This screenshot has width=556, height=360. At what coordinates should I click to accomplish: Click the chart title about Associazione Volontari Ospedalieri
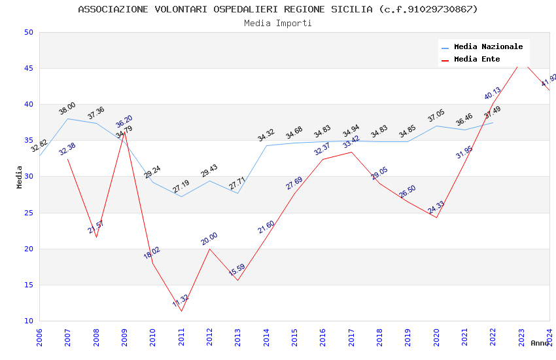(x=278, y=9)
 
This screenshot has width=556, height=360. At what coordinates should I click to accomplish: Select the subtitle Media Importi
(x=278, y=23)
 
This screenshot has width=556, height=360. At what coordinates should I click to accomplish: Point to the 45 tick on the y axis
(x=28, y=68)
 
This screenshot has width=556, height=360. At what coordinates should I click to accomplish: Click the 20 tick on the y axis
(x=28, y=249)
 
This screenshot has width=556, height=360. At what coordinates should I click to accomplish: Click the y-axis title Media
(x=20, y=177)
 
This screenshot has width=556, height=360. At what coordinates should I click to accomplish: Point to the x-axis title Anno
(x=540, y=343)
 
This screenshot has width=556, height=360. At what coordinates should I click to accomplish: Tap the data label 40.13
(x=493, y=94)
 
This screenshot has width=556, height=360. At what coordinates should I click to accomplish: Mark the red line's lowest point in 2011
(x=181, y=311)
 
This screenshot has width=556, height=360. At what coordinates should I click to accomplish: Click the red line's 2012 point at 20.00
(x=209, y=249)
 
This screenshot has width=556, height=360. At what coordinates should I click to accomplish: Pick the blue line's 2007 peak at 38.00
(x=68, y=118)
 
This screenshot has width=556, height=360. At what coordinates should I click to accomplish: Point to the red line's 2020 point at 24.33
(x=436, y=217)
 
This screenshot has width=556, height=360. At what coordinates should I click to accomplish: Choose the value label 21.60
(x=266, y=227)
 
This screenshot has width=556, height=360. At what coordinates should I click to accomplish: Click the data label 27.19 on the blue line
(x=181, y=187)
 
